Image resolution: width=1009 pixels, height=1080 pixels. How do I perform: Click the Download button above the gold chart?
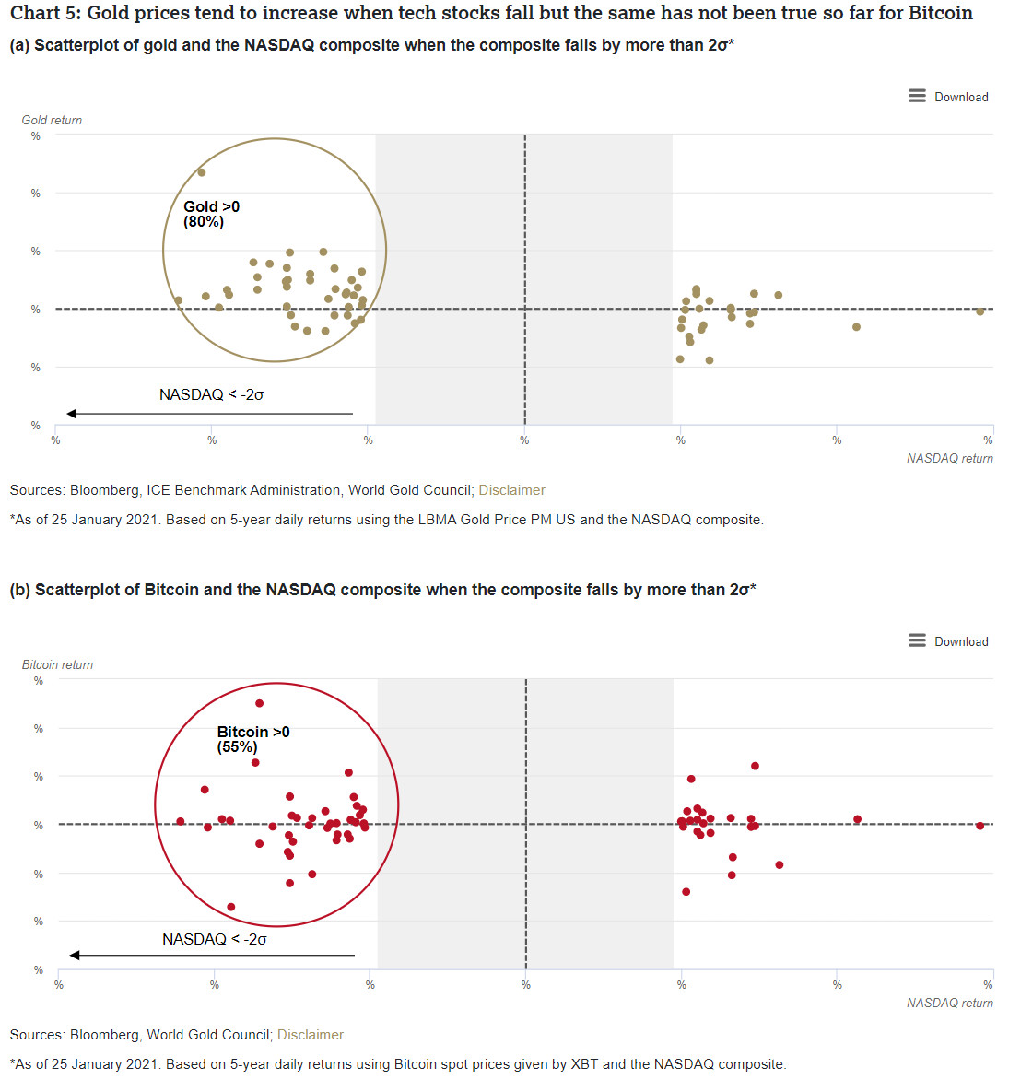pos(948,97)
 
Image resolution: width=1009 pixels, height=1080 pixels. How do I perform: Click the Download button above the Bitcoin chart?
pos(948,641)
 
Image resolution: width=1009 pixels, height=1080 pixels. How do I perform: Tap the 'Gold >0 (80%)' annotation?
pos(211,214)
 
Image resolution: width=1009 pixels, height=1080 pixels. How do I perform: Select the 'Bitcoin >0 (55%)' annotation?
pos(252,739)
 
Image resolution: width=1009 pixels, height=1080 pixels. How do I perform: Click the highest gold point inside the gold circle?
pos(202,172)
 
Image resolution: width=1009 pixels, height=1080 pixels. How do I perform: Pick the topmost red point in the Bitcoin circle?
pos(259,703)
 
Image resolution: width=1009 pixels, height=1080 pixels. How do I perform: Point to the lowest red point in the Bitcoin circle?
pos(231,907)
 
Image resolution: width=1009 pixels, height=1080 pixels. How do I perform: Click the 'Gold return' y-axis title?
pos(52,120)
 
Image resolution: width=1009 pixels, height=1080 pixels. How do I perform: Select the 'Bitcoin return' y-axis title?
pos(57,664)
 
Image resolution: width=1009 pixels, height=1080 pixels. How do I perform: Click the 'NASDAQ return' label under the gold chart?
pos(949,458)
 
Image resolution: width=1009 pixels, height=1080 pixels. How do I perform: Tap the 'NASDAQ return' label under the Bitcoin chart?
pos(949,1003)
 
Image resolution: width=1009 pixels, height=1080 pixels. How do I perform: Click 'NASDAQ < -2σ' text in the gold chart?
pos(211,394)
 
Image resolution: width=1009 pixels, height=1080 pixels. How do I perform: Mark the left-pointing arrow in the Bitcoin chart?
pos(211,955)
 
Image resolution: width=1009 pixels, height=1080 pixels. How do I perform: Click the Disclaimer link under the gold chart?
pos(511,490)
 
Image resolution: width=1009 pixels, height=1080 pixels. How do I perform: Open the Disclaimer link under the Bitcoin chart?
pos(311,1035)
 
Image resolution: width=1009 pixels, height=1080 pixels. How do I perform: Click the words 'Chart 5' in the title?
pos(42,13)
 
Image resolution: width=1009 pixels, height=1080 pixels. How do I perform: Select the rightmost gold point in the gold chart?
pos(980,311)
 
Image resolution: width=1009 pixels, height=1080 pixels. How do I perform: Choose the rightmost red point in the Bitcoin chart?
pos(980,826)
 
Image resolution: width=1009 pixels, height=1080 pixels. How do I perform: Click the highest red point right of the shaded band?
pos(755,766)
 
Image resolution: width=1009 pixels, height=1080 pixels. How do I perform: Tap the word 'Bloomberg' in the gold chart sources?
pos(104,490)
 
